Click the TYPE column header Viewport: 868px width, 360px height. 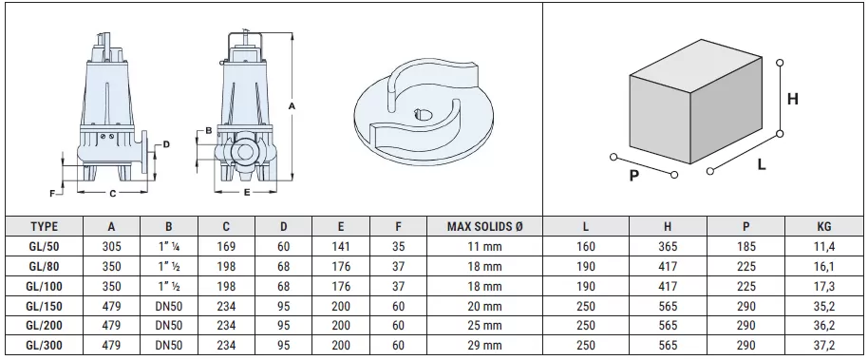45,227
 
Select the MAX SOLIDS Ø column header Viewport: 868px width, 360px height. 484,227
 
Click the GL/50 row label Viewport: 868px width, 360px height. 45,246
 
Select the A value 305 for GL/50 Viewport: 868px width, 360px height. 112,246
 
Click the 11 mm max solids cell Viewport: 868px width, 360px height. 484,246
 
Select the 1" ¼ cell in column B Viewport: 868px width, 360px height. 169,246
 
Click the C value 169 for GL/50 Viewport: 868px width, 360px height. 226,246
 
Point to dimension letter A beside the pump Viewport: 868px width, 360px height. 292,106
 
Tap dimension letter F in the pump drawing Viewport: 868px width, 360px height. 53,192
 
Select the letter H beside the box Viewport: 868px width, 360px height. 792,98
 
